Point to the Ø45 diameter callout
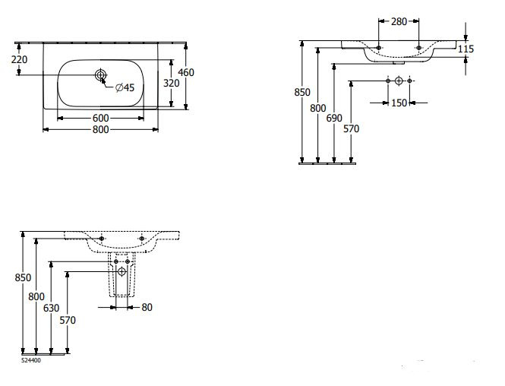coord(125,88)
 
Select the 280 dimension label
coord(399,22)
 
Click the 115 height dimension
coord(466,49)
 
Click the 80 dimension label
coord(146,308)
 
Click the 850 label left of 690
coord(302,93)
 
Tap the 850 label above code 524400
coord(23,278)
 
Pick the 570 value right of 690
coord(350,128)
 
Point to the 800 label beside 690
coord(318,109)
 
